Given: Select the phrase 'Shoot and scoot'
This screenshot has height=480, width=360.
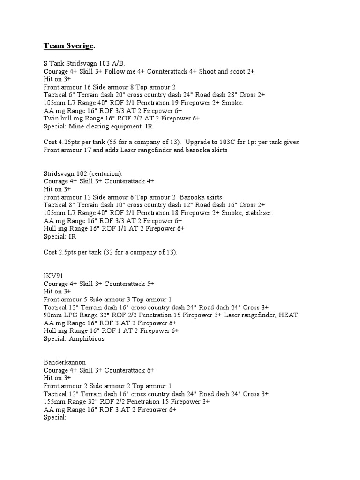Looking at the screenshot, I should click(224, 71).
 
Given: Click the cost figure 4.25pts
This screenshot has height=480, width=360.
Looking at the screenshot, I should click(68, 142).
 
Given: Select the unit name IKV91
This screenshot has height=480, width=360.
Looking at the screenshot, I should click(53, 276).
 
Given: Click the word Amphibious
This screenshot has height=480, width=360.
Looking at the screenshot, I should click(87, 339).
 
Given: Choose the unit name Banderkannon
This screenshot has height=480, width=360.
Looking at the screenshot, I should click(65, 362).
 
